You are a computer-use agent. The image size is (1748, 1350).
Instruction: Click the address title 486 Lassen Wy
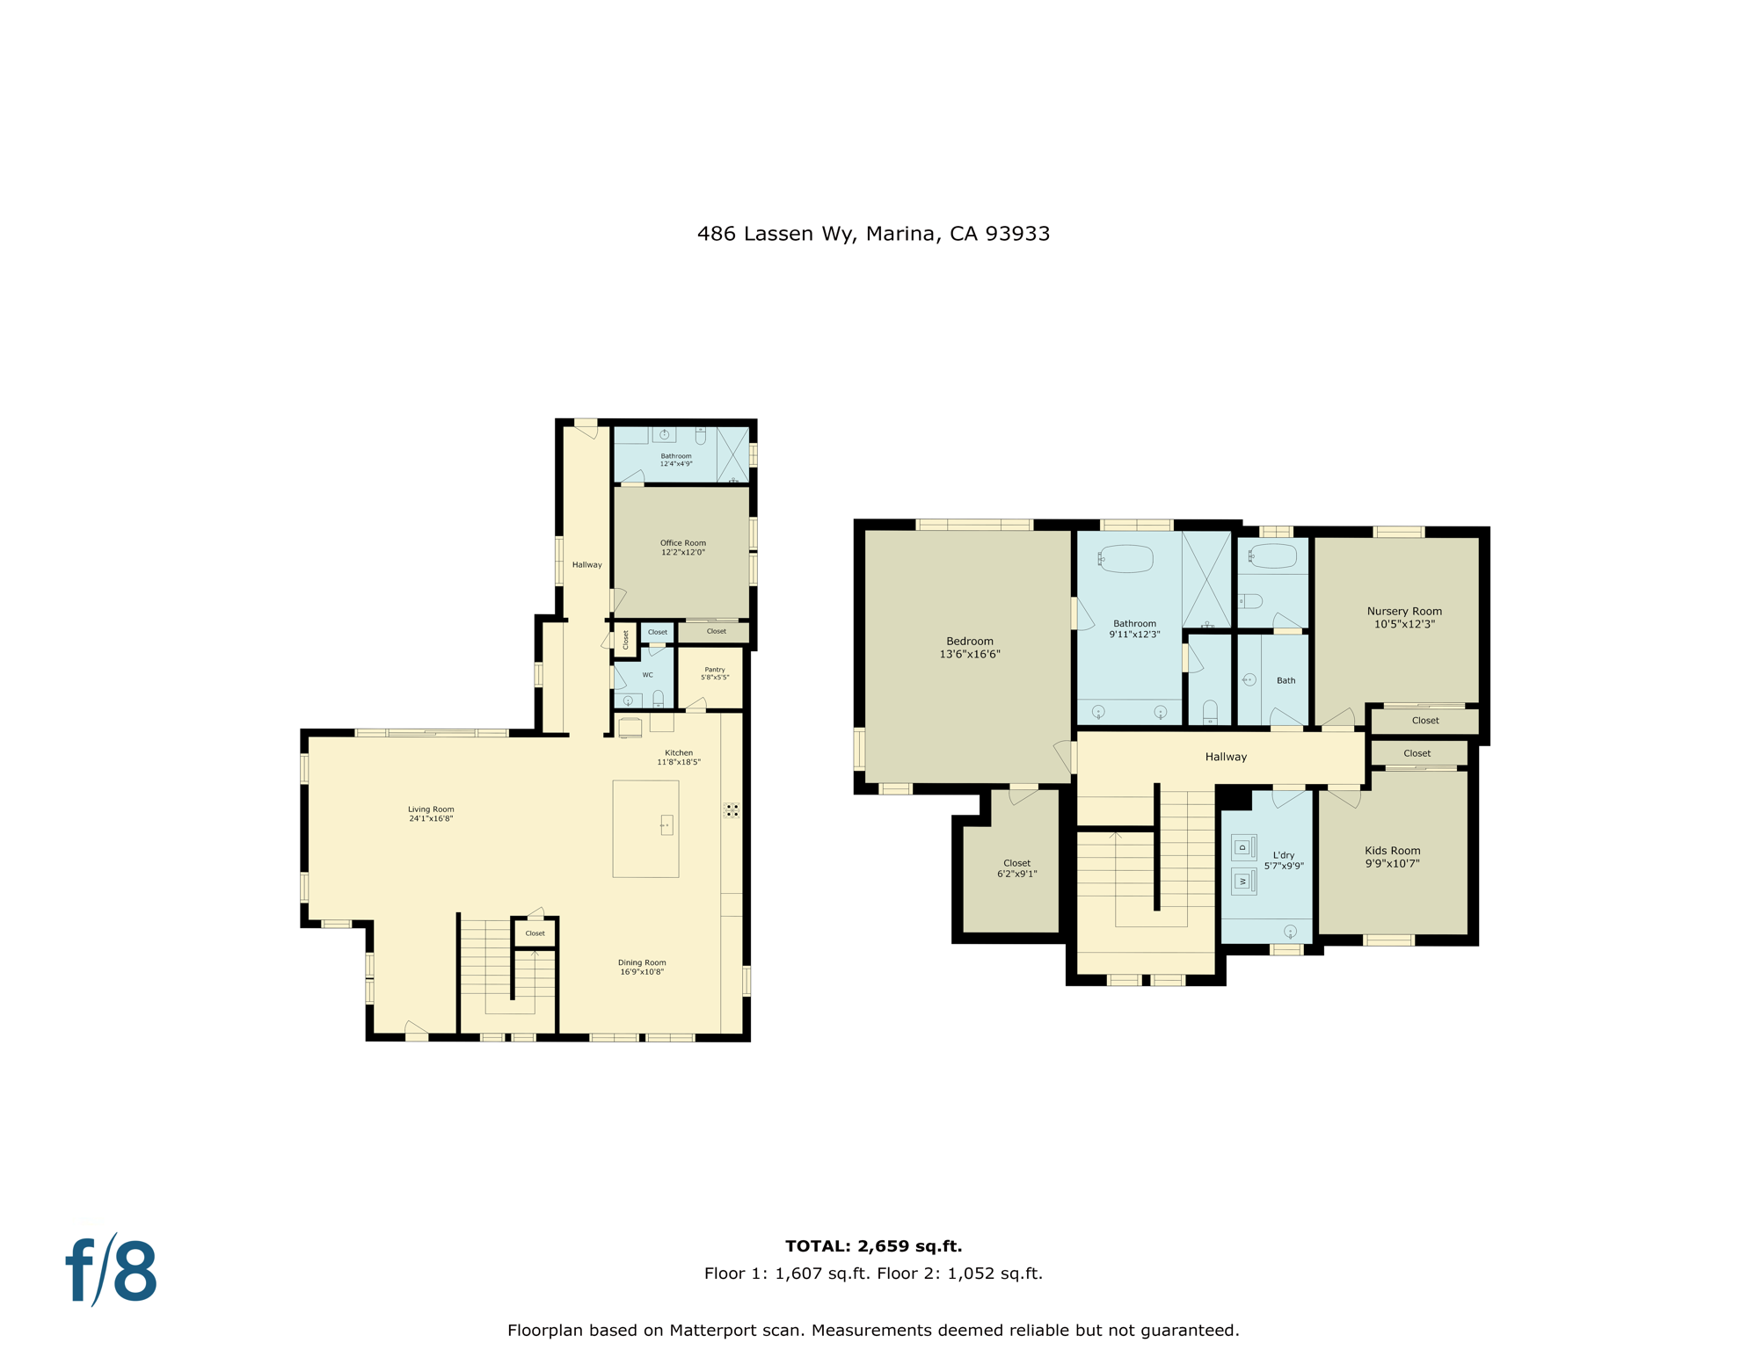[873, 234]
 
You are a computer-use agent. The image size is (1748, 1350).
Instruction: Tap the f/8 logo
[112, 1271]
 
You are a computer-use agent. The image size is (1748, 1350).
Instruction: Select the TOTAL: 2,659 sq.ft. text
[873, 1245]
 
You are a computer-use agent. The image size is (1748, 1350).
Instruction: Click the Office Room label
[682, 543]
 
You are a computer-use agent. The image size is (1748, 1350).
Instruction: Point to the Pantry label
[715, 670]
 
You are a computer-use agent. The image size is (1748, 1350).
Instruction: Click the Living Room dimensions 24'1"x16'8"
[431, 818]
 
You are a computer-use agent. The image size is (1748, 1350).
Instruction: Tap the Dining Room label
[642, 962]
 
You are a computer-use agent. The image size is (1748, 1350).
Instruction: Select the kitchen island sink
[666, 824]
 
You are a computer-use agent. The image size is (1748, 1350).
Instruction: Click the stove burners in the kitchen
[732, 809]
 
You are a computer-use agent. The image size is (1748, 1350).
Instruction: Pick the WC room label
[647, 675]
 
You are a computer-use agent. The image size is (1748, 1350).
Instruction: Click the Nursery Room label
[1404, 612]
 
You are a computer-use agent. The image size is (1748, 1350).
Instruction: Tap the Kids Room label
[1392, 851]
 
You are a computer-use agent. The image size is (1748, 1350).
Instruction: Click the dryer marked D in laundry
[1242, 847]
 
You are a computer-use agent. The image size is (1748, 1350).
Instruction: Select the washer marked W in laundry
[1242, 881]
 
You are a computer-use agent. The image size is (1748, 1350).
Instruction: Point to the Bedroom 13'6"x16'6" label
[970, 642]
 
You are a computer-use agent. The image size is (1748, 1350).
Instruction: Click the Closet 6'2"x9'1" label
[1016, 863]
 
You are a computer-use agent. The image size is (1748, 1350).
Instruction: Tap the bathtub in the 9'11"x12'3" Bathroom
[1126, 558]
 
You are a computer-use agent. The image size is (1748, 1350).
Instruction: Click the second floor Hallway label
[1226, 757]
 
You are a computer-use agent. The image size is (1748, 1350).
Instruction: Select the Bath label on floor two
[1286, 680]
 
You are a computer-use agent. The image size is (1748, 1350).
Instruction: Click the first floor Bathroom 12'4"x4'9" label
[676, 456]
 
